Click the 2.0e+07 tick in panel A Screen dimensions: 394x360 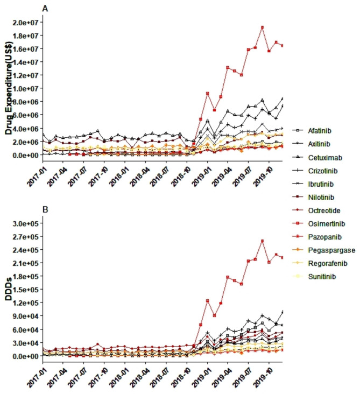pos(23,22)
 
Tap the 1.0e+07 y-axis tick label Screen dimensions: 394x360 pos(23,88)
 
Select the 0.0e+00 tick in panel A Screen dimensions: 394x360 pos(23,155)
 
